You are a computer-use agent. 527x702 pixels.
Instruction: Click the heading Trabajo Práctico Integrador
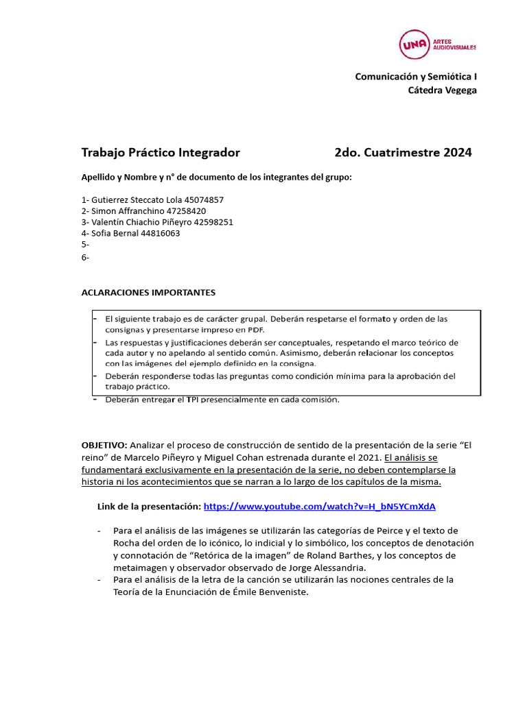pos(161,152)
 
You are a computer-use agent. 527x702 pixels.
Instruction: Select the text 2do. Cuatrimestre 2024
pos(403,152)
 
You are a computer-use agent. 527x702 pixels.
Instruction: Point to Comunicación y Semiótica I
pos(415,77)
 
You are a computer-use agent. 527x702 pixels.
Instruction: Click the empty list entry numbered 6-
pos(85,257)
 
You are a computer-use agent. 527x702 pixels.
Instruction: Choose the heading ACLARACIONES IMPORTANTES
pos(148,293)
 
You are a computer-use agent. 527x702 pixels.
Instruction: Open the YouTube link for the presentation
pos(319,507)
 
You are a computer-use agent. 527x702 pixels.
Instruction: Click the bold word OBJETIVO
pos(104,445)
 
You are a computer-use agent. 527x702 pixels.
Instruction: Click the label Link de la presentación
pos(150,507)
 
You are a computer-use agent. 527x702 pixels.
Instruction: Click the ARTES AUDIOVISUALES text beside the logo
pos(454,45)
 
